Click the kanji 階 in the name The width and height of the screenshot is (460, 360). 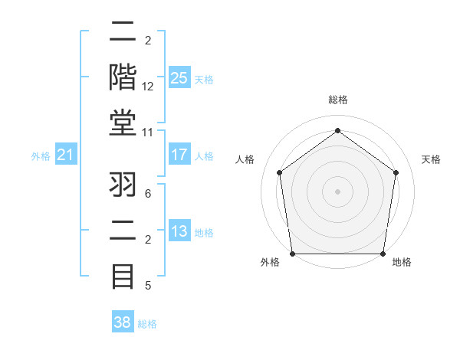(x=123, y=76)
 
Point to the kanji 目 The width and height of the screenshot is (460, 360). (x=123, y=275)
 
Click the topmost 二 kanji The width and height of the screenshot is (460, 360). (x=123, y=31)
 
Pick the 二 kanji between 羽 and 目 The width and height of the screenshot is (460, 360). (x=123, y=231)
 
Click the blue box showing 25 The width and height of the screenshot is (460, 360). (x=179, y=78)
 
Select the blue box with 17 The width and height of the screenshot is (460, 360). (x=179, y=155)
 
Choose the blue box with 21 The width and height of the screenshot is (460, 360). (x=66, y=155)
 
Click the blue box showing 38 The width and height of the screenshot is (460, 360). (x=122, y=322)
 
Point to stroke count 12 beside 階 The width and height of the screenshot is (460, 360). (x=148, y=86)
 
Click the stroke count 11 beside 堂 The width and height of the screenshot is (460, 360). (x=148, y=132)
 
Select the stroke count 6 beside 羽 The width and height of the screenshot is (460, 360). (x=148, y=194)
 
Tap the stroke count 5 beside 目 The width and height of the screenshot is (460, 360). (x=148, y=286)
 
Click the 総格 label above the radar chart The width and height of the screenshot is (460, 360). (x=338, y=100)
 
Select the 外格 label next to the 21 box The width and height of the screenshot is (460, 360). (x=41, y=156)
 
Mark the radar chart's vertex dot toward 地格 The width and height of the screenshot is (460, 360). (x=383, y=254)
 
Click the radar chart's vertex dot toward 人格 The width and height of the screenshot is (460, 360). (x=279, y=172)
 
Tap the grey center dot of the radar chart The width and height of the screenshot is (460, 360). (x=338, y=191)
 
